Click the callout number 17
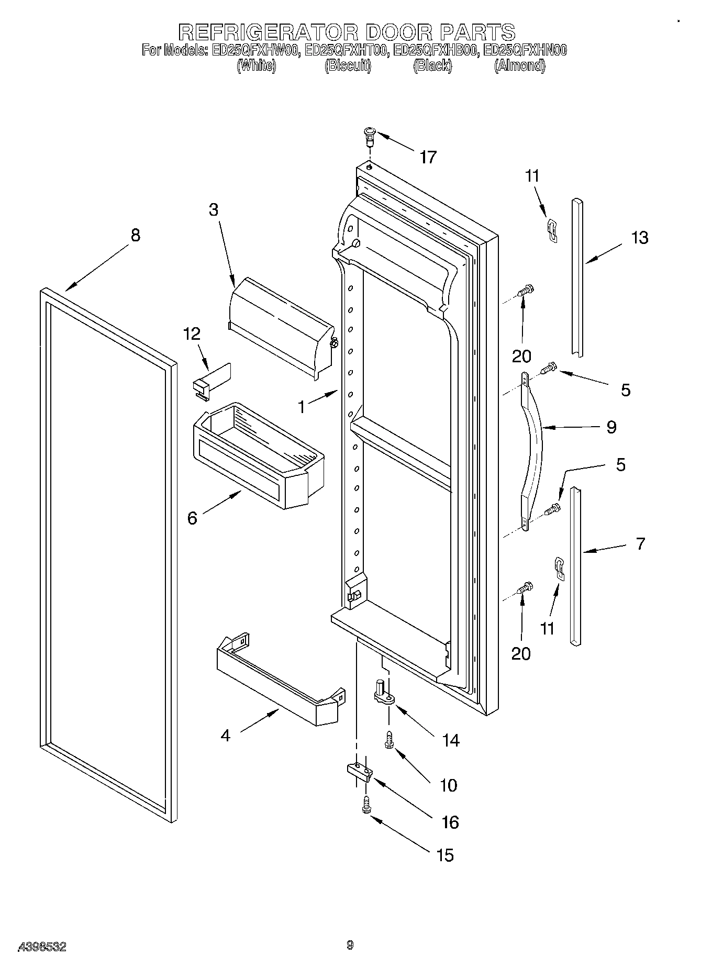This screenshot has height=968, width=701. (428, 157)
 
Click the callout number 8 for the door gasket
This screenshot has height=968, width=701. (135, 236)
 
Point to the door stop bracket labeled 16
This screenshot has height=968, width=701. (359, 771)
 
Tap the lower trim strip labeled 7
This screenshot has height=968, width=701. (575, 565)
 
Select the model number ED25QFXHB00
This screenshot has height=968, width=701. (436, 50)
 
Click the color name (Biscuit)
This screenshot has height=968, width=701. (348, 66)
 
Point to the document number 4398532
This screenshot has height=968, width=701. (42, 946)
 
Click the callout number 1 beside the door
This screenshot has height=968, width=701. (302, 407)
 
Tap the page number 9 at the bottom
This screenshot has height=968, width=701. (350, 945)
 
